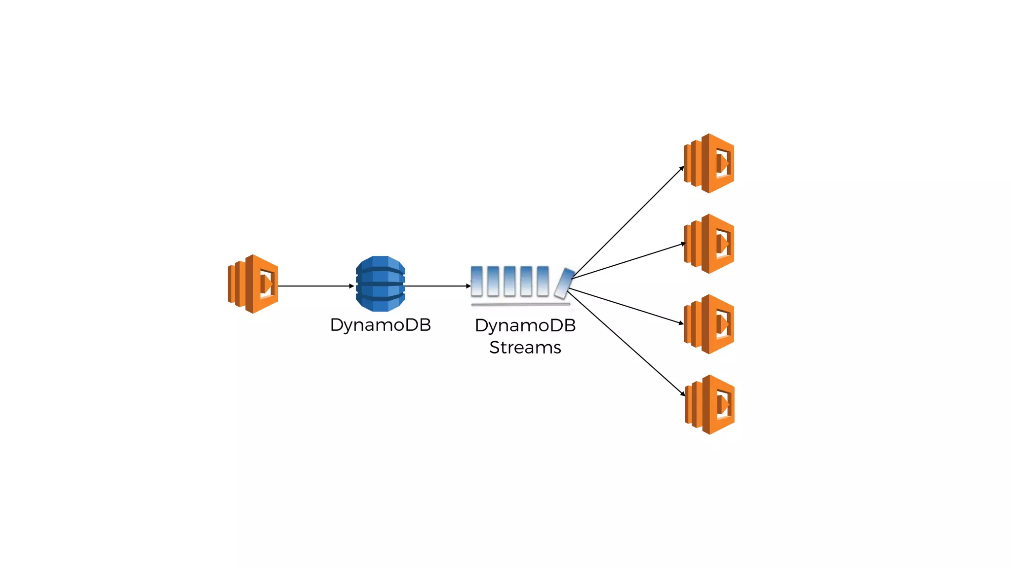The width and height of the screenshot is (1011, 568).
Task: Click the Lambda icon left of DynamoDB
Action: [x=253, y=284]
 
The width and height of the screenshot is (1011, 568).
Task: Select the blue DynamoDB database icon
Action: [x=380, y=284]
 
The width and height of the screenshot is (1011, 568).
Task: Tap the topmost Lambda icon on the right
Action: [x=709, y=163]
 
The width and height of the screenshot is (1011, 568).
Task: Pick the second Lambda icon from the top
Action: [x=709, y=244]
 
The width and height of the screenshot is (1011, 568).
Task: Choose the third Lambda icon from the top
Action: [x=709, y=324]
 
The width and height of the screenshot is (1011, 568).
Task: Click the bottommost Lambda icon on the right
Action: [x=710, y=404]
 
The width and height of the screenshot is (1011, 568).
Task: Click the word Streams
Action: [x=525, y=348]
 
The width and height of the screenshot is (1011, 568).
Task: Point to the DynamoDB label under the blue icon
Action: [x=380, y=325]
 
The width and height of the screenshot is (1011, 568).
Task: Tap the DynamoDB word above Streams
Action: [x=525, y=325]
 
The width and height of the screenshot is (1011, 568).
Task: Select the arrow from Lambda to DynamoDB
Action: [x=316, y=286]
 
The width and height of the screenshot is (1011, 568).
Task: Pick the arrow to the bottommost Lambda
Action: [x=626, y=343]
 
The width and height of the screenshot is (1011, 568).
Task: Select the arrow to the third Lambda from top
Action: [x=626, y=306]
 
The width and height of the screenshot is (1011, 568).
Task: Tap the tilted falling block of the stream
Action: [x=564, y=283]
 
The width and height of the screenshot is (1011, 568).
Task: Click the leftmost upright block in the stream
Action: [x=476, y=281]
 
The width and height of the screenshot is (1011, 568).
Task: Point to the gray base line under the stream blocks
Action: [x=520, y=305]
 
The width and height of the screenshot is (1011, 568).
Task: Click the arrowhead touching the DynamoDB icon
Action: [x=351, y=286]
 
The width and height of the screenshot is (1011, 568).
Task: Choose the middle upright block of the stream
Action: [x=509, y=281]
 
